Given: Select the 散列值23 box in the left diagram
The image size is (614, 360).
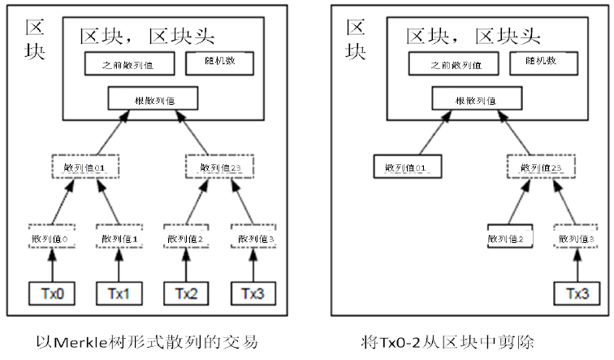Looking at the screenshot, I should point(218,167).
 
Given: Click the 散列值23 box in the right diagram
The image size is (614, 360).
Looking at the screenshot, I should point(543,167).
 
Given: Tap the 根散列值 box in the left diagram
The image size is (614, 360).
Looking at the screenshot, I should point(152,100).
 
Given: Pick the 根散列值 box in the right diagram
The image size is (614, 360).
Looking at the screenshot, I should point(475,100).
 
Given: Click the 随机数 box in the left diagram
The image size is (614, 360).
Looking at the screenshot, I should point(219,63).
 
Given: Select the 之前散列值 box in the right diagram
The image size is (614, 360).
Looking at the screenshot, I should point(451,63).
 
